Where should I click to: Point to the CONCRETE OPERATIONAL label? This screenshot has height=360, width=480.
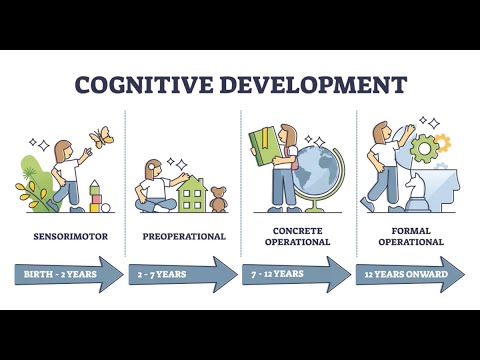(297, 237)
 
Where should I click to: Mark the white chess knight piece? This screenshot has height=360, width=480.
(418, 190)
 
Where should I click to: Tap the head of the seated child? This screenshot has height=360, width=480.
(155, 168)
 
